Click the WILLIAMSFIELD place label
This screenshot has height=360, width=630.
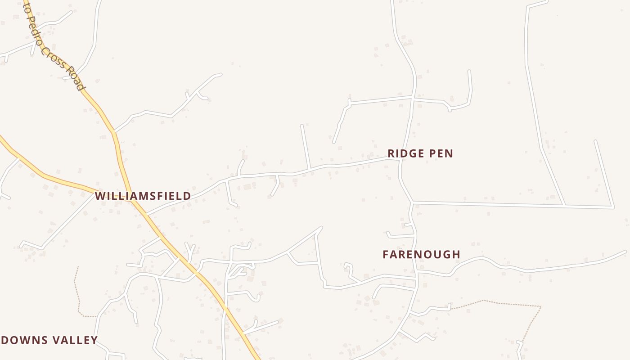point(143,196)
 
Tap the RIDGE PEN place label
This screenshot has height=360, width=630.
point(420,153)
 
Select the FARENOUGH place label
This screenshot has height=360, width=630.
point(421,255)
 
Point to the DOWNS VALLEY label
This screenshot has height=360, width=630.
point(49,340)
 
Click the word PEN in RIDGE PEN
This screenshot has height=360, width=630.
point(440,153)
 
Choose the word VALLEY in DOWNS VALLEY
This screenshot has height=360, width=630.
point(75,340)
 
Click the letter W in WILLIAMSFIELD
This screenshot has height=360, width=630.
point(100,196)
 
